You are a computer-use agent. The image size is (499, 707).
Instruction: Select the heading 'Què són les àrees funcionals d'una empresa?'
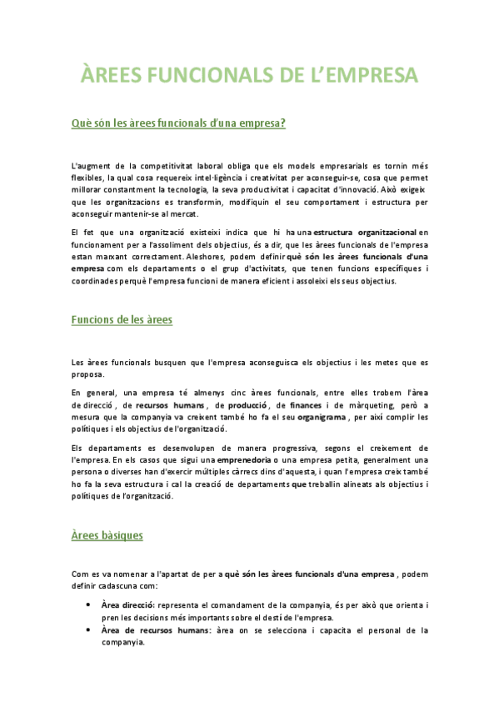(179, 123)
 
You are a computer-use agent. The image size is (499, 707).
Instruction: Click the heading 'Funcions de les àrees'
(122, 319)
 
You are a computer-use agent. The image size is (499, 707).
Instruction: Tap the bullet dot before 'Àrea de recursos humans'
(88, 630)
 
